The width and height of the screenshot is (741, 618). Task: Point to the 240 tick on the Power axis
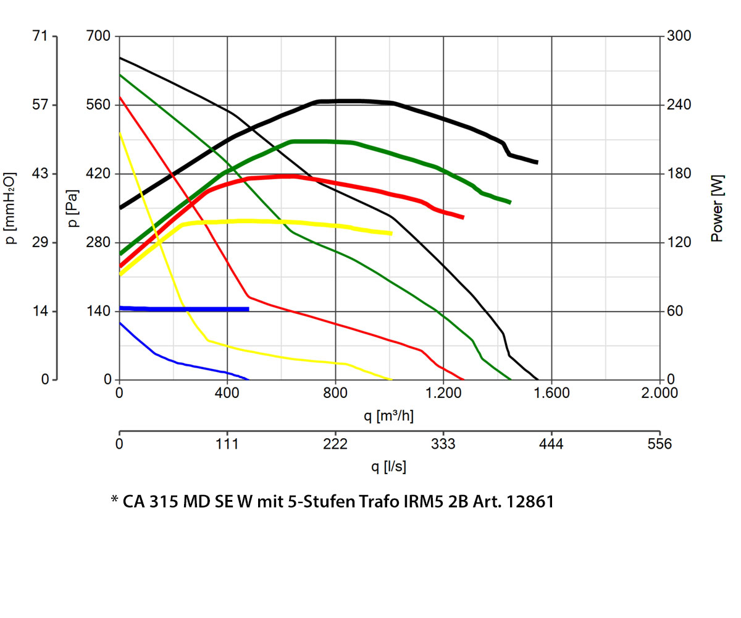[x=679, y=105]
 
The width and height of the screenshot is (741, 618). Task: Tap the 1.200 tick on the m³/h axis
[x=443, y=392]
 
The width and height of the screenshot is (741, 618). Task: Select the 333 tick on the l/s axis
[x=443, y=444]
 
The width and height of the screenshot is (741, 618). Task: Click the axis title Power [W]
[x=717, y=208]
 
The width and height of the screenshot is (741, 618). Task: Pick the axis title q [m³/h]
[x=388, y=416]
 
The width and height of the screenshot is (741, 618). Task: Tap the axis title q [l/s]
[x=388, y=467]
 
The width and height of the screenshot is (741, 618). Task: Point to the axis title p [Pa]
[x=74, y=208]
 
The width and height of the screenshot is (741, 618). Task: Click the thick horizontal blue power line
[x=185, y=309]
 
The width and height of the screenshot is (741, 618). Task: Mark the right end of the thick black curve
[x=537, y=162]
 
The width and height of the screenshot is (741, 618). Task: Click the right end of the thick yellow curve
[x=391, y=233]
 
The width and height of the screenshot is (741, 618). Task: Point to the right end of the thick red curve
[x=463, y=217]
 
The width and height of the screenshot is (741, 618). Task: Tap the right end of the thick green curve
[x=509, y=202]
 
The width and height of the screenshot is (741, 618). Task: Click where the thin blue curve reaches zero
[x=248, y=379]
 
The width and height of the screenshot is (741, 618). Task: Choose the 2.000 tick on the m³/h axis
[x=659, y=392]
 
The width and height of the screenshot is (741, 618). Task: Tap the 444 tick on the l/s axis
[x=551, y=444]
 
